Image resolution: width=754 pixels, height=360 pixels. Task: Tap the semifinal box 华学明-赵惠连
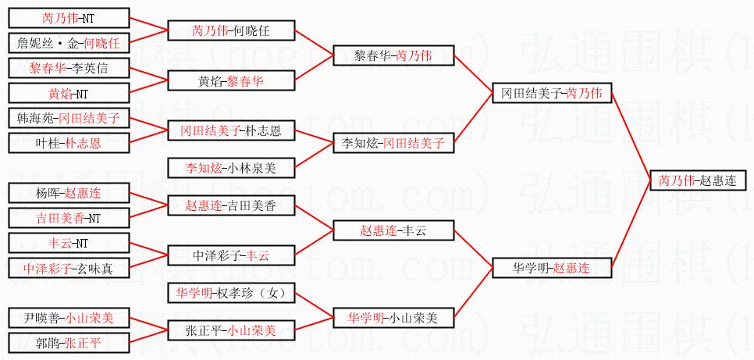(551, 268)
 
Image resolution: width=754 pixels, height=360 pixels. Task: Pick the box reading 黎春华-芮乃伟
(393, 55)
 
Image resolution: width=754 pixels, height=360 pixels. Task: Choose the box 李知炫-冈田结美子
(393, 143)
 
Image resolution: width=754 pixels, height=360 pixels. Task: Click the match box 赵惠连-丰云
(393, 230)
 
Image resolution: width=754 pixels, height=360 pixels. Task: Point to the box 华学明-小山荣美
(393, 318)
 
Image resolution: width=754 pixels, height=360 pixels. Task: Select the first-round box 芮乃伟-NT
(68, 18)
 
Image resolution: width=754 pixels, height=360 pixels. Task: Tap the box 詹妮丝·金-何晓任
(68, 43)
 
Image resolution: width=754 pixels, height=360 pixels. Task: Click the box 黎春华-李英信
(68, 68)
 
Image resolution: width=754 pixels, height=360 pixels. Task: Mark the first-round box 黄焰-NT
(68, 94)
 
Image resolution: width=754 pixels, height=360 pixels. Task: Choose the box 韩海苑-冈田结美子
(68, 118)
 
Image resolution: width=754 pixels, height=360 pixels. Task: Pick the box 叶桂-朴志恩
(68, 143)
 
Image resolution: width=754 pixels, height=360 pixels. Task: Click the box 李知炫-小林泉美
(232, 167)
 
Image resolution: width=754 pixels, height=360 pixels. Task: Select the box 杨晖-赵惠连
(68, 193)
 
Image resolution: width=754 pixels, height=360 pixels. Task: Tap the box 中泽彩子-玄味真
(68, 268)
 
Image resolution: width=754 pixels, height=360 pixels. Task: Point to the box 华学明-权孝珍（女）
(232, 293)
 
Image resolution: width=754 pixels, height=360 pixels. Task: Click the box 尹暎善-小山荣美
(68, 318)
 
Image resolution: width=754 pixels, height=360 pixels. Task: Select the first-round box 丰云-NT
(68, 243)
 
